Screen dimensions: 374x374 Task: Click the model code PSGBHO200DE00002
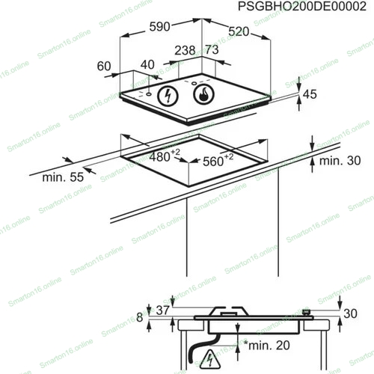tap(302, 7)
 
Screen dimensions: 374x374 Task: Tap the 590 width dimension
tap(159, 26)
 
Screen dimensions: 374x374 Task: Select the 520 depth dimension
tap(239, 31)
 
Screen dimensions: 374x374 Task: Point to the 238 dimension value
tap(185, 50)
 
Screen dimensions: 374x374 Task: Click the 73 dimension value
tap(212, 49)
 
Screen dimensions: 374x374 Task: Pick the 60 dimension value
tap(104, 66)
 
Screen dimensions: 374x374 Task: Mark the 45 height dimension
tap(310, 94)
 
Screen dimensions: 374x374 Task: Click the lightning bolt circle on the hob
tap(168, 96)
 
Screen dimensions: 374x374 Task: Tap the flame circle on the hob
tap(203, 94)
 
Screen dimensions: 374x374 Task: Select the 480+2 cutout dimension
tap(165, 156)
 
